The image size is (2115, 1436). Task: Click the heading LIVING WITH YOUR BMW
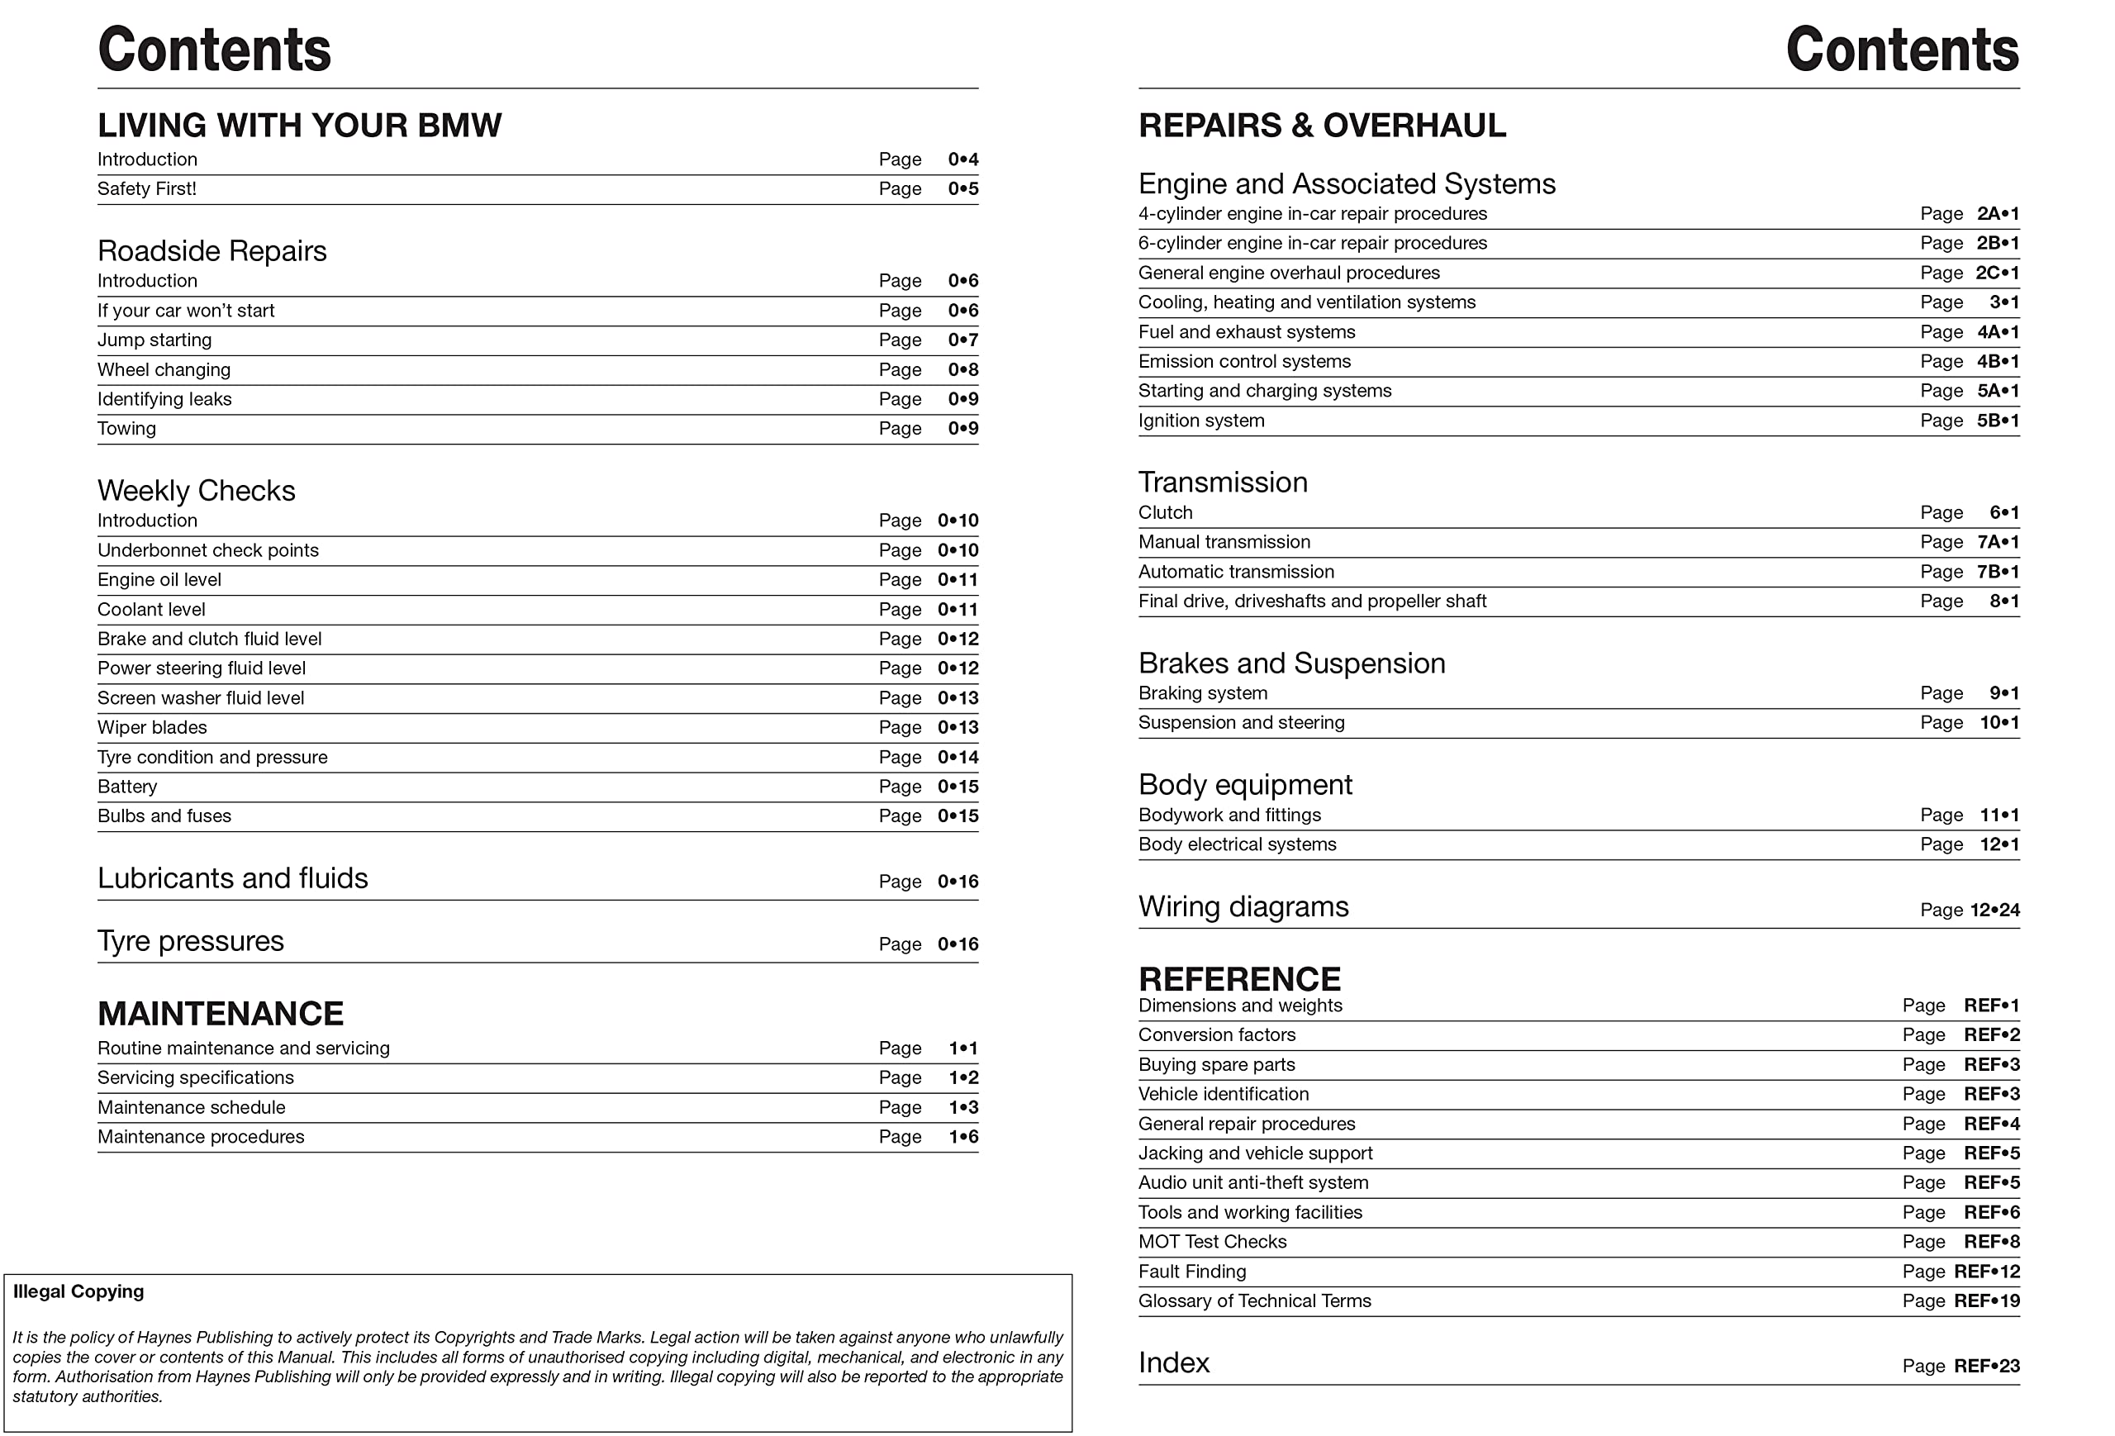click(298, 126)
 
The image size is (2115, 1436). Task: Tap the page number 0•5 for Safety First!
click(962, 189)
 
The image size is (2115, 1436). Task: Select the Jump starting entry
click(154, 340)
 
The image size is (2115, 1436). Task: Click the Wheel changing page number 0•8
click(962, 370)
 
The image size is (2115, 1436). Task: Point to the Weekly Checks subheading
click(197, 492)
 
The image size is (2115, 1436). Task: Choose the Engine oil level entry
click(159, 580)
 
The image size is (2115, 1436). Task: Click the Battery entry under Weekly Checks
click(127, 787)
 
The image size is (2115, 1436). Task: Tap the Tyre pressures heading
click(190, 941)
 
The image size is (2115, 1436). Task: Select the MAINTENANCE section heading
click(221, 1014)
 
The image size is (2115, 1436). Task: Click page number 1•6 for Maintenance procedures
click(962, 1138)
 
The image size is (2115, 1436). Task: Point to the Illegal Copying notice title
click(78, 1292)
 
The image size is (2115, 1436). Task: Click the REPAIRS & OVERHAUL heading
click(1321, 126)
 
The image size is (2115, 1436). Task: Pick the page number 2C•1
click(1997, 273)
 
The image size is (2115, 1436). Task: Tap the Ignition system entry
click(1201, 421)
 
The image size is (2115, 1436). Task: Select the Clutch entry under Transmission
click(1165, 513)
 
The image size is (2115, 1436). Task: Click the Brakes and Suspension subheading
click(1291, 663)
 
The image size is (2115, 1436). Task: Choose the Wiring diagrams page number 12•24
click(1995, 910)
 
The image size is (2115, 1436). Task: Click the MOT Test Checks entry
click(1212, 1242)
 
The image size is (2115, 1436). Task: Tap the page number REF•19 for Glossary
click(1987, 1301)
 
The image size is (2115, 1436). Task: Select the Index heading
click(1174, 1363)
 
